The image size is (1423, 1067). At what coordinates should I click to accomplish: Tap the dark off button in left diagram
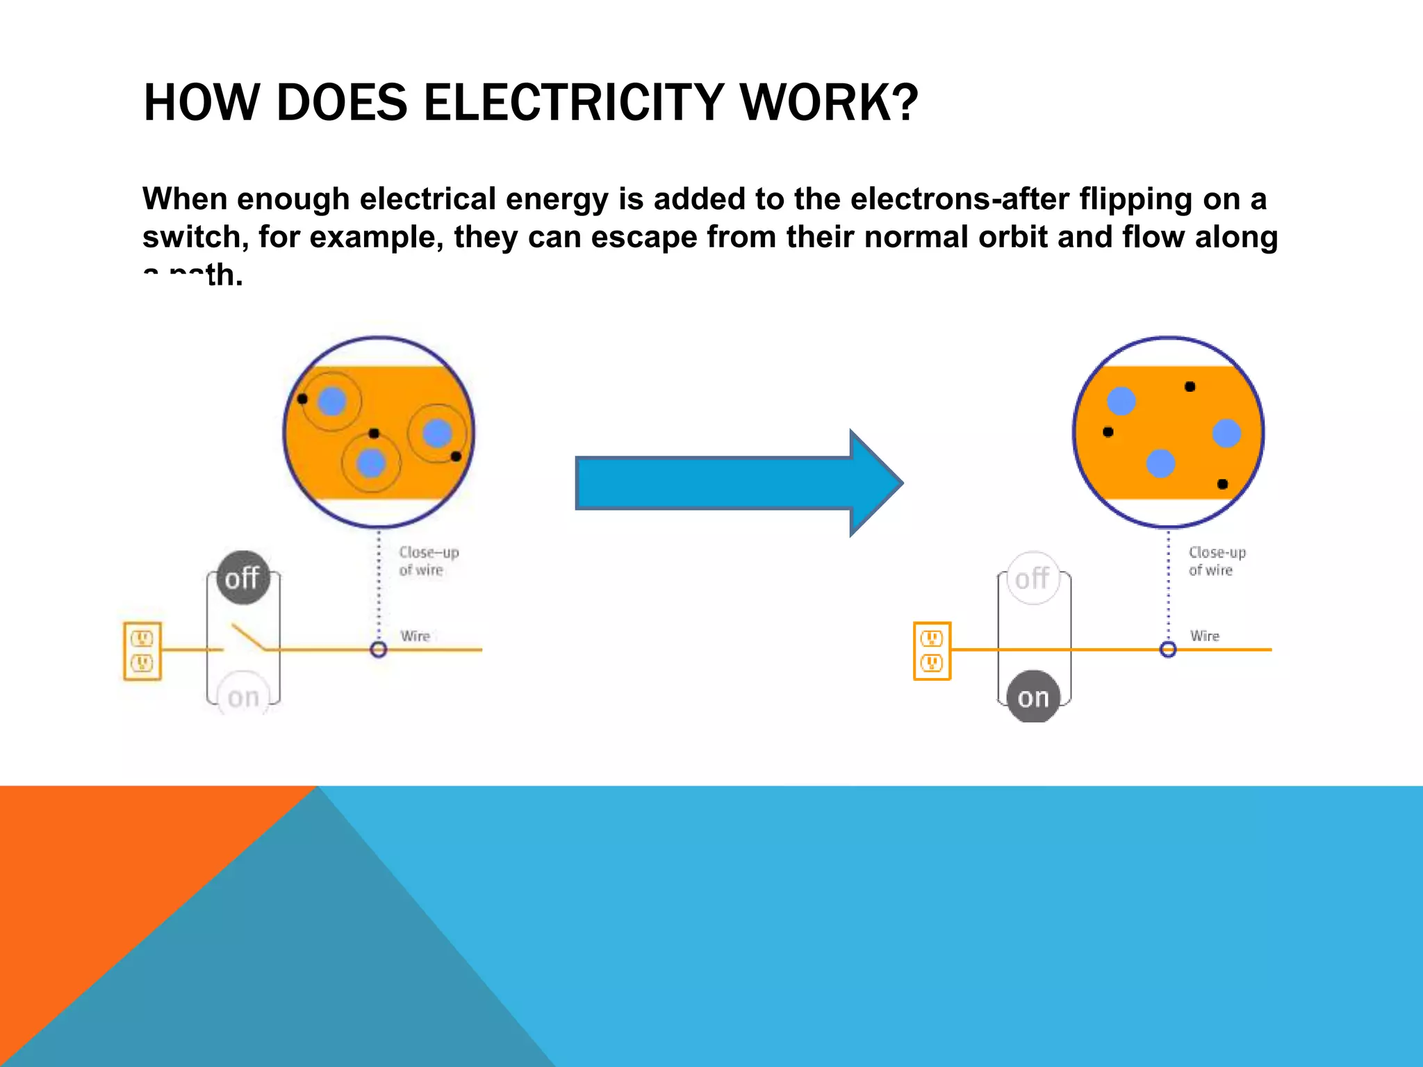pos(242,578)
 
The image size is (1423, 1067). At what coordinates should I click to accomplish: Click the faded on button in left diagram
pos(243,697)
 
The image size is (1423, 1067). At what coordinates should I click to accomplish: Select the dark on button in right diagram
pos(1033,697)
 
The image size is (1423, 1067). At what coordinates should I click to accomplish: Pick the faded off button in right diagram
pos(1033,578)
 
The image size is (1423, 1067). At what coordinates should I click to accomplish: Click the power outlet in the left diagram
pos(142,651)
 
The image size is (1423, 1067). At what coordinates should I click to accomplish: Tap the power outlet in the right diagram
pos(932,651)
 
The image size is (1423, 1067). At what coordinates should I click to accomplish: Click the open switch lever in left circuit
pos(247,636)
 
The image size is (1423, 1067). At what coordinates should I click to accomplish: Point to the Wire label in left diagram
pos(416,636)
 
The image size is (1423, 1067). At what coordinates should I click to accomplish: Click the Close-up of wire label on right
pos(1216,561)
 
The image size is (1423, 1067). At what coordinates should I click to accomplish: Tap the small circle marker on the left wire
pos(379,650)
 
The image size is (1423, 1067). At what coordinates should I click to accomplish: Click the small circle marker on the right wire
pos(1168,650)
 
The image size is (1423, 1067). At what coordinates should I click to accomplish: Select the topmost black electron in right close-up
pos(1190,386)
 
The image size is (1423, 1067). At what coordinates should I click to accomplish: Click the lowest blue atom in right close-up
pos(1160,463)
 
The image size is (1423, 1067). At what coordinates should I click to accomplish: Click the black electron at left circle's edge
pos(302,399)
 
